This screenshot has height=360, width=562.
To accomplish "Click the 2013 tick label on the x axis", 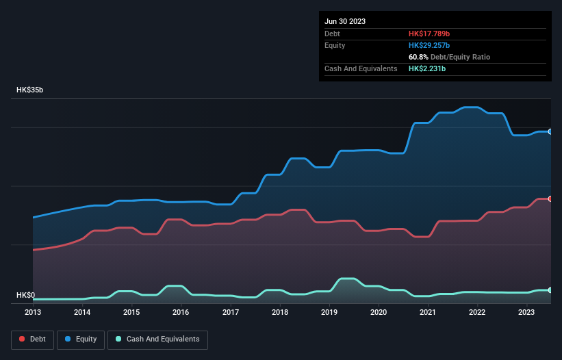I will (33, 312).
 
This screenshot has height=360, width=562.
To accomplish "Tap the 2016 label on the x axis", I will (181, 312).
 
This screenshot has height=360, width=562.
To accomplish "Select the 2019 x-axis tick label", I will (329, 312).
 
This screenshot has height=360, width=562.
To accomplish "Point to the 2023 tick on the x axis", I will (526, 312).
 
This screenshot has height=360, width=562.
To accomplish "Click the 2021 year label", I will (428, 312).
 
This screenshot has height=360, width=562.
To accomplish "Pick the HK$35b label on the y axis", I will (30, 90).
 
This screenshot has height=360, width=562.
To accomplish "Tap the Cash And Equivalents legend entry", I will (157, 339).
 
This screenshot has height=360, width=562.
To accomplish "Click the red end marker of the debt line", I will (550, 198).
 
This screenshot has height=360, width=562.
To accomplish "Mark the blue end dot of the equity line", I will (550, 131).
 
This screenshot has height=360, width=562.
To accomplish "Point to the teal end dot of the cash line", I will (550, 290).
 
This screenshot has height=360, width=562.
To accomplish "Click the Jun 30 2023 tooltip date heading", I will (345, 21).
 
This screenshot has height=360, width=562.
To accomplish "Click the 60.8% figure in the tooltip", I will (418, 57).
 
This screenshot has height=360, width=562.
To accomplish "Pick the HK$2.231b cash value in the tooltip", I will (428, 68).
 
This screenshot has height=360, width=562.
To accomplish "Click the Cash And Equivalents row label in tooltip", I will (361, 68).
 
